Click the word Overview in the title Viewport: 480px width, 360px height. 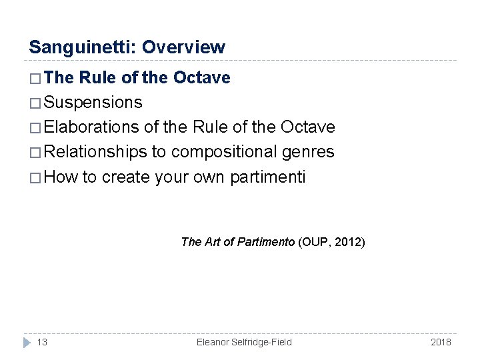click(183, 47)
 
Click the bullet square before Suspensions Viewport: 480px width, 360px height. click(36, 103)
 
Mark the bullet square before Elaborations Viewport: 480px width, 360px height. click(36, 127)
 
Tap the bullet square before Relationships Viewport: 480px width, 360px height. click(36, 152)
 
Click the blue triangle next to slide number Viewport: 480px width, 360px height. click(27, 342)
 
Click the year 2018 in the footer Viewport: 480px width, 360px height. click(441, 342)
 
